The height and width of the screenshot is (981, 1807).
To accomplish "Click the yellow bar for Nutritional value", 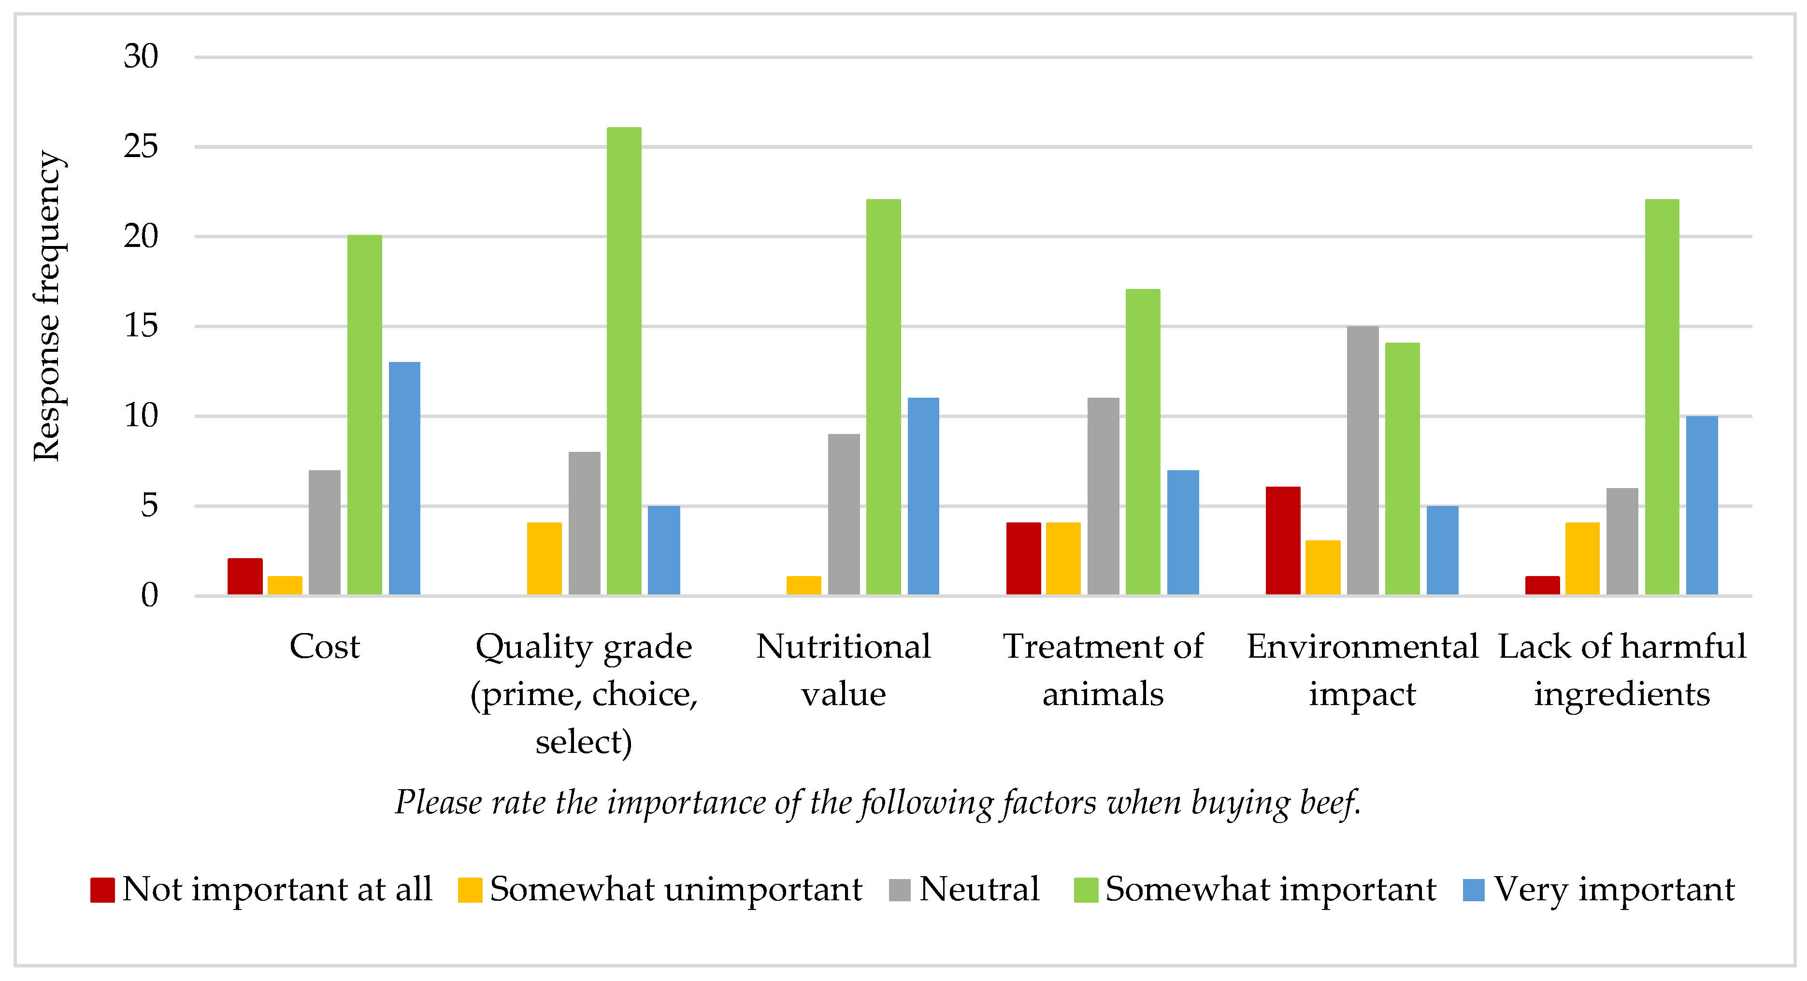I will [803, 585].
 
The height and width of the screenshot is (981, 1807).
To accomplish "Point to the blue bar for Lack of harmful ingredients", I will [1701, 505].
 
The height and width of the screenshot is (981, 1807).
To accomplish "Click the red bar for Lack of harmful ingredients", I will [1542, 585].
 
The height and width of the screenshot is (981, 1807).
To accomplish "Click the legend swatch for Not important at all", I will [102, 890].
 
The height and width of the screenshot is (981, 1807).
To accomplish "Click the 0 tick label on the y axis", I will [149, 596].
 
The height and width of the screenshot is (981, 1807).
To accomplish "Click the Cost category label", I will [324, 646].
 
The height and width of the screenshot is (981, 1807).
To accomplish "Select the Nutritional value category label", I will [843, 670].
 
